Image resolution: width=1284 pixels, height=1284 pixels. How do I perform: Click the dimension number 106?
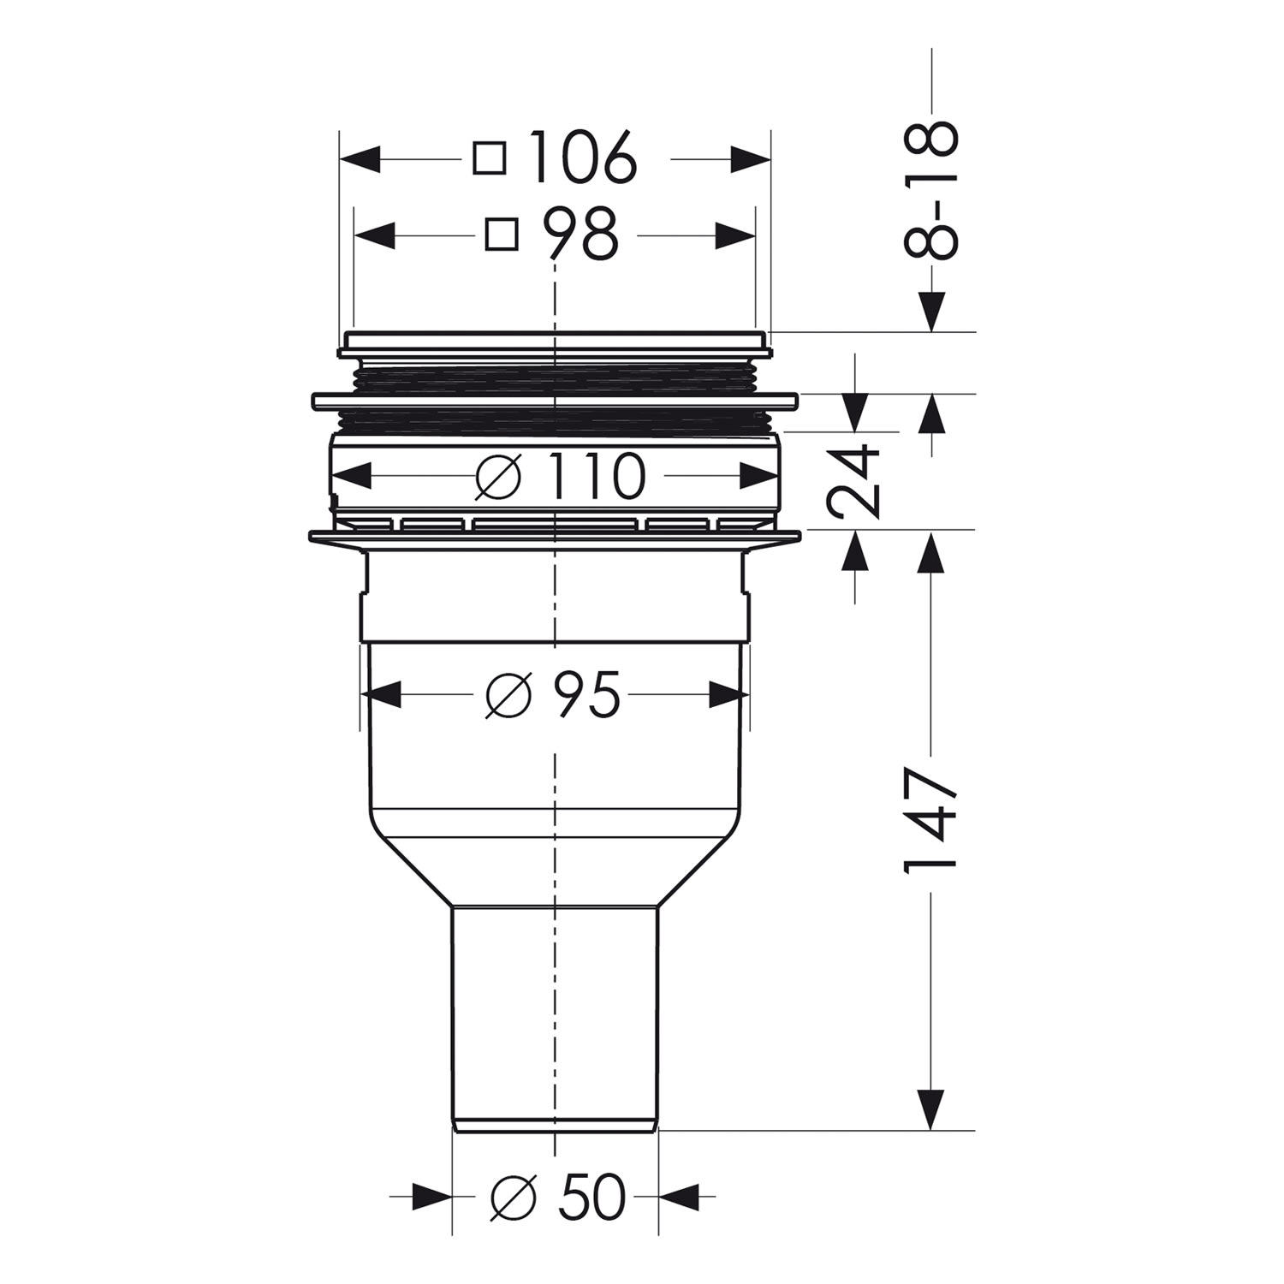583,158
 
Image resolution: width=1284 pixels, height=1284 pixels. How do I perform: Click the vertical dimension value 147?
929,821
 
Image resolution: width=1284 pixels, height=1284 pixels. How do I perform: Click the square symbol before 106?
490,158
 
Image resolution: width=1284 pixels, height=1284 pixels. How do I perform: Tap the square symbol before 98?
502,234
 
